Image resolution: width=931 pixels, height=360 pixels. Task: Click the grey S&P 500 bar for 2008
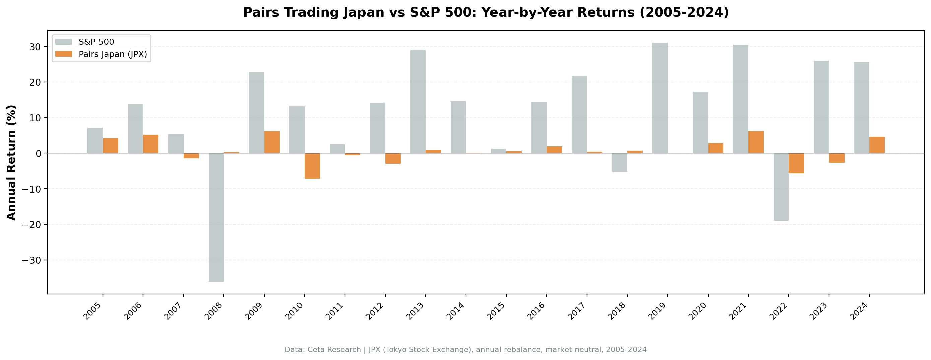tap(216, 217)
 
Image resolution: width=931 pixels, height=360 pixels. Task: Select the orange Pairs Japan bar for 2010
tap(312, 165)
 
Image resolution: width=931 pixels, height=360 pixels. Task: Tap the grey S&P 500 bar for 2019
tap(660, 97)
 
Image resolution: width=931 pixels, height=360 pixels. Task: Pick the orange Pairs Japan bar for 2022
tap(796, 163)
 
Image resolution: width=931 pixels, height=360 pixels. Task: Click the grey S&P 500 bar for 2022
tap(781, 187)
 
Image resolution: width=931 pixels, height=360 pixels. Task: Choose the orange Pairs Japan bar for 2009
tap(272, 142)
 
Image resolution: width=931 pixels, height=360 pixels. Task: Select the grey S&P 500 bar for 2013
tap(418, 101)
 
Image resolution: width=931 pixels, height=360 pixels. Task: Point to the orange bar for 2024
tap(877, 145)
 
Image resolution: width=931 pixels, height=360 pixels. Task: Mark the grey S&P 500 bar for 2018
tap(619, 162)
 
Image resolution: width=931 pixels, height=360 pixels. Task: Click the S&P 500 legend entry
tap(96, 42)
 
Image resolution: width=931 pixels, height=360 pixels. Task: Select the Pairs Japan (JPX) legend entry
tap(113, 54)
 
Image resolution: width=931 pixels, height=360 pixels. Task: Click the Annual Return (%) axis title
tap(12, 162)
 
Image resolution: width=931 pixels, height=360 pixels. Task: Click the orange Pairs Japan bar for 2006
tap(151, 144)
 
